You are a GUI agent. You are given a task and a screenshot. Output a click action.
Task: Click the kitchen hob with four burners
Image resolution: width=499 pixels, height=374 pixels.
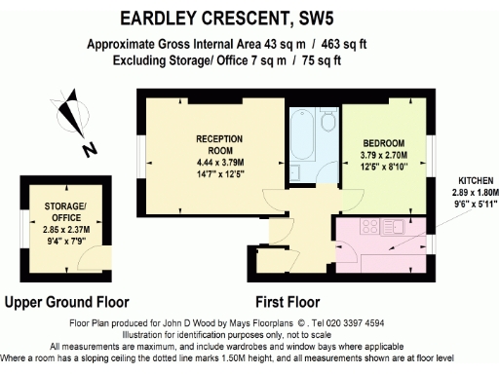point(370,227)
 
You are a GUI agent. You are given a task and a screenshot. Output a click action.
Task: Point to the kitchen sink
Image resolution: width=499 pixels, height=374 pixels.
point(398,227)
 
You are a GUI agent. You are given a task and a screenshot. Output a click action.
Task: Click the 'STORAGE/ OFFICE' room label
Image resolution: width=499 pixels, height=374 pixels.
point(65,211)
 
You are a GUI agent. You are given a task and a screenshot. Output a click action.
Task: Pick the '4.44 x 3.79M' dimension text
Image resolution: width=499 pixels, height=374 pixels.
point(218,162)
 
